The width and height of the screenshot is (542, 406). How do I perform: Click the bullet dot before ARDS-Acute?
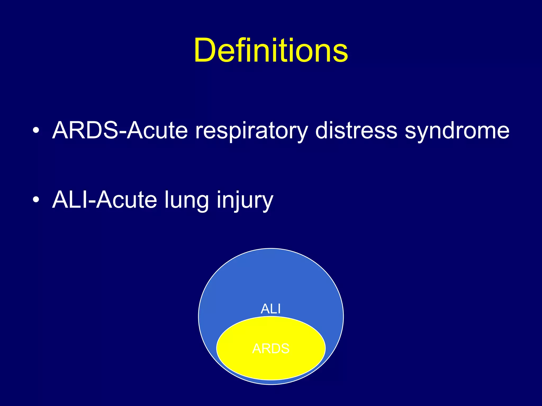(36, 130)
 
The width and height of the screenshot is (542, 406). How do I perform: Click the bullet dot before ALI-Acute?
(36, 200)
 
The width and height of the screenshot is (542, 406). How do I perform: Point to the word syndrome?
(457, 131)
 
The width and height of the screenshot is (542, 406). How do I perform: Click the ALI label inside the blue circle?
(270, 309)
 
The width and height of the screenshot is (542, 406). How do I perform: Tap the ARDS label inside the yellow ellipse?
(271, 349)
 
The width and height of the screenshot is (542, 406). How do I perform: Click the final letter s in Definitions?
(340, 53)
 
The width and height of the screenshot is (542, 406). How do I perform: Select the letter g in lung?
(202, 203)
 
